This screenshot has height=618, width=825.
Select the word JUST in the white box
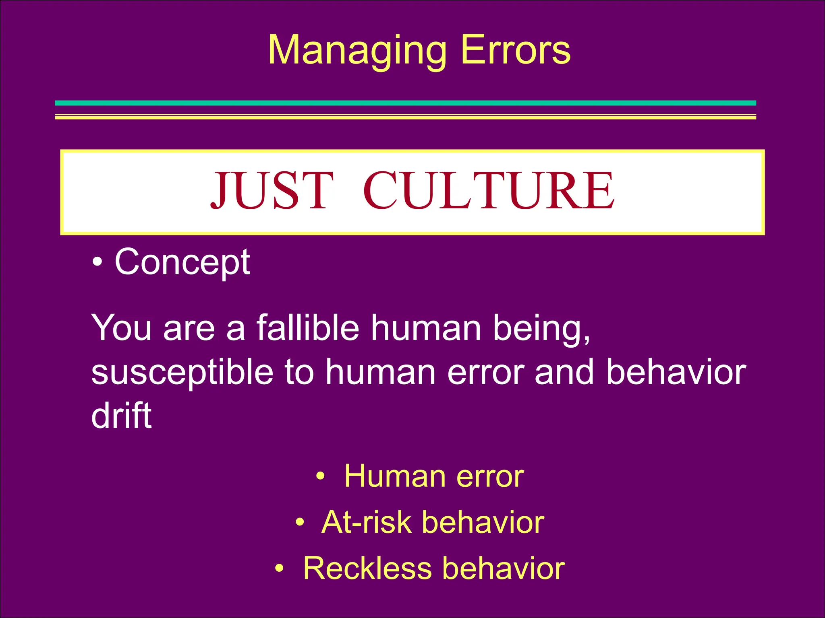point(272,191)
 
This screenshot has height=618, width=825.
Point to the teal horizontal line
point(405,103)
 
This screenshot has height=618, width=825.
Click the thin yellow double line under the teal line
point(405,117)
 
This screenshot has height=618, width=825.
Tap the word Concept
point(182,262)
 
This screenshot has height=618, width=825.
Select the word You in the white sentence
point(121,328)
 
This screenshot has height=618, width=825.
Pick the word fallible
point(308,328)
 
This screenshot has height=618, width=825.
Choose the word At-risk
point(366,522)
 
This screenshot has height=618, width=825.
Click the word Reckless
point(367,568)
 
